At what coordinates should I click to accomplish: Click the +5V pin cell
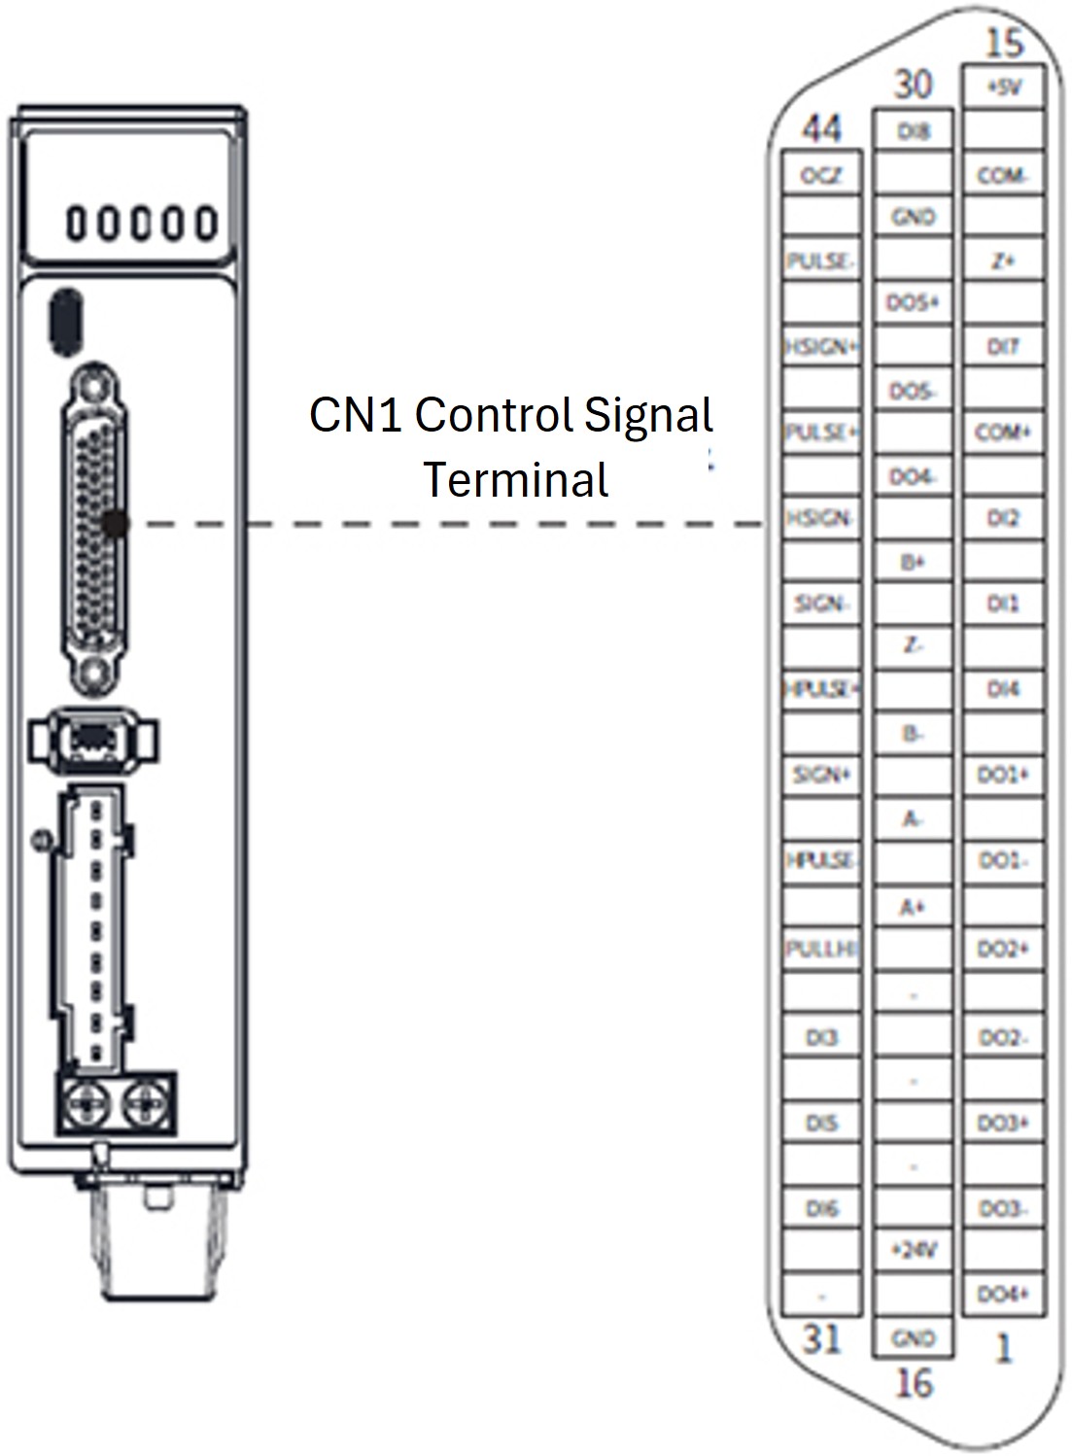[x=1004, y=87]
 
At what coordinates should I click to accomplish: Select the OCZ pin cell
[x=821, y=176]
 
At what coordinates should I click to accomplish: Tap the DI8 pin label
[x=913, y=131]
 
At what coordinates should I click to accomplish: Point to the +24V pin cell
[x=913, y=1249]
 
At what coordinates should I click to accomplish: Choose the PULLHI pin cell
[x=821, y=948]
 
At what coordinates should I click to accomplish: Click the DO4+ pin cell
[x=1003, y=1294]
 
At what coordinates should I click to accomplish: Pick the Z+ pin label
[x=1003, y=260]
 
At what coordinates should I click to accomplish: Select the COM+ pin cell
[x=1003, y=432]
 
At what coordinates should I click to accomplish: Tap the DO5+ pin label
[x=913, y=303]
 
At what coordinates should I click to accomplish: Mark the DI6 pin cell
[x=821, y=1208]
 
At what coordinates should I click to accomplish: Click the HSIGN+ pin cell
[x=821, y=346]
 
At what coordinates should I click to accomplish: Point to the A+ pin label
[x=912, y=907]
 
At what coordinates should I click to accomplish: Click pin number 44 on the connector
[x=821, y=129]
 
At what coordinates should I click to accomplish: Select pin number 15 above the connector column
[x=1004, y=44]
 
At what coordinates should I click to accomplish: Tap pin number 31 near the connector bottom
[x=821, y=1338]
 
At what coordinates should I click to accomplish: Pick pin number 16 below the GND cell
[x=913, y=1382]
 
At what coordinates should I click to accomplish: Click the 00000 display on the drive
[x=141, y=224]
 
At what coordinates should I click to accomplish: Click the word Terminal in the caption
[x=516, y=480]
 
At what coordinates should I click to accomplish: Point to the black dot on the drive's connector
[x=117, y=524]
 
